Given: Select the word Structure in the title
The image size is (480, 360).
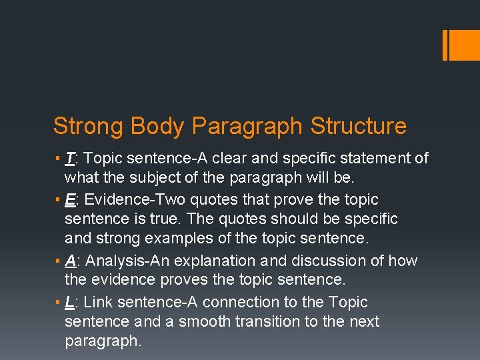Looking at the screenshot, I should point(359,126).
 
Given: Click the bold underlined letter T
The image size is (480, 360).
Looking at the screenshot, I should point(69,159).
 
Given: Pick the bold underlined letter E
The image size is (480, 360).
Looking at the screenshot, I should point(70,200).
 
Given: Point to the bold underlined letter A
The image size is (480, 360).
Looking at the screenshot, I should point(70,261).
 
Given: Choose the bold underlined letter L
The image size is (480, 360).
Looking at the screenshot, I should point(69,303).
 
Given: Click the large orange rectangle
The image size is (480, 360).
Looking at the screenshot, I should point(461,45).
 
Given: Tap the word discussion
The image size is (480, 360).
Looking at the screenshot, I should point(324,261).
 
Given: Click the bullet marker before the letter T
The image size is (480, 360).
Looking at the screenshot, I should point(58,159).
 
